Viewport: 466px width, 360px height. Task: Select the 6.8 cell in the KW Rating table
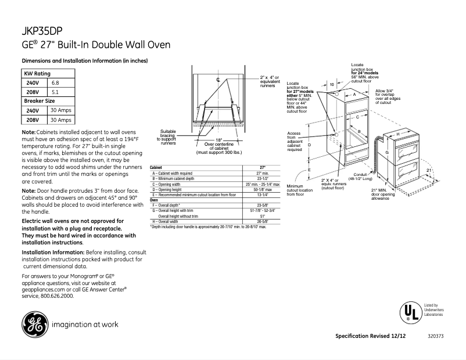pyautogui.click(x=55, y=83)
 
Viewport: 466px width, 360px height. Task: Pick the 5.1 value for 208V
pyautogui.click(x=55, y=92)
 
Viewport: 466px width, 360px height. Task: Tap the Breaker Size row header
pyautogui.click(x=40, y=100)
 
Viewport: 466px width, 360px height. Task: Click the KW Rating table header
pyautogui.click(x=37, y=74)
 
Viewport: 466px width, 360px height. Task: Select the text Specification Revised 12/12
pyautogui.click(x=371, y=336)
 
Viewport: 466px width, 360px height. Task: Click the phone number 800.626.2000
pyautogui.click(x=58, y=296)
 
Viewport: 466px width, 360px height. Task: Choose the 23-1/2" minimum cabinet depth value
pyautogui.click(x=262, y=179)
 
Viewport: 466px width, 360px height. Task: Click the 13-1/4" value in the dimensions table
pyautogui.click(x=262, y=195)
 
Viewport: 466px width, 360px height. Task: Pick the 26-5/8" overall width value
pyautogui.click(x=262, y=221)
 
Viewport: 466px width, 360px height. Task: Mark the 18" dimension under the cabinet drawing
pyautogui.click(x=218, y=140)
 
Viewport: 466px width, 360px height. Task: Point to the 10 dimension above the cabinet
pyautogui.click(x=332, y=84)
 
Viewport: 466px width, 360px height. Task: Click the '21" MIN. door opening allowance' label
pyautogui.click(x=383, y=195)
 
